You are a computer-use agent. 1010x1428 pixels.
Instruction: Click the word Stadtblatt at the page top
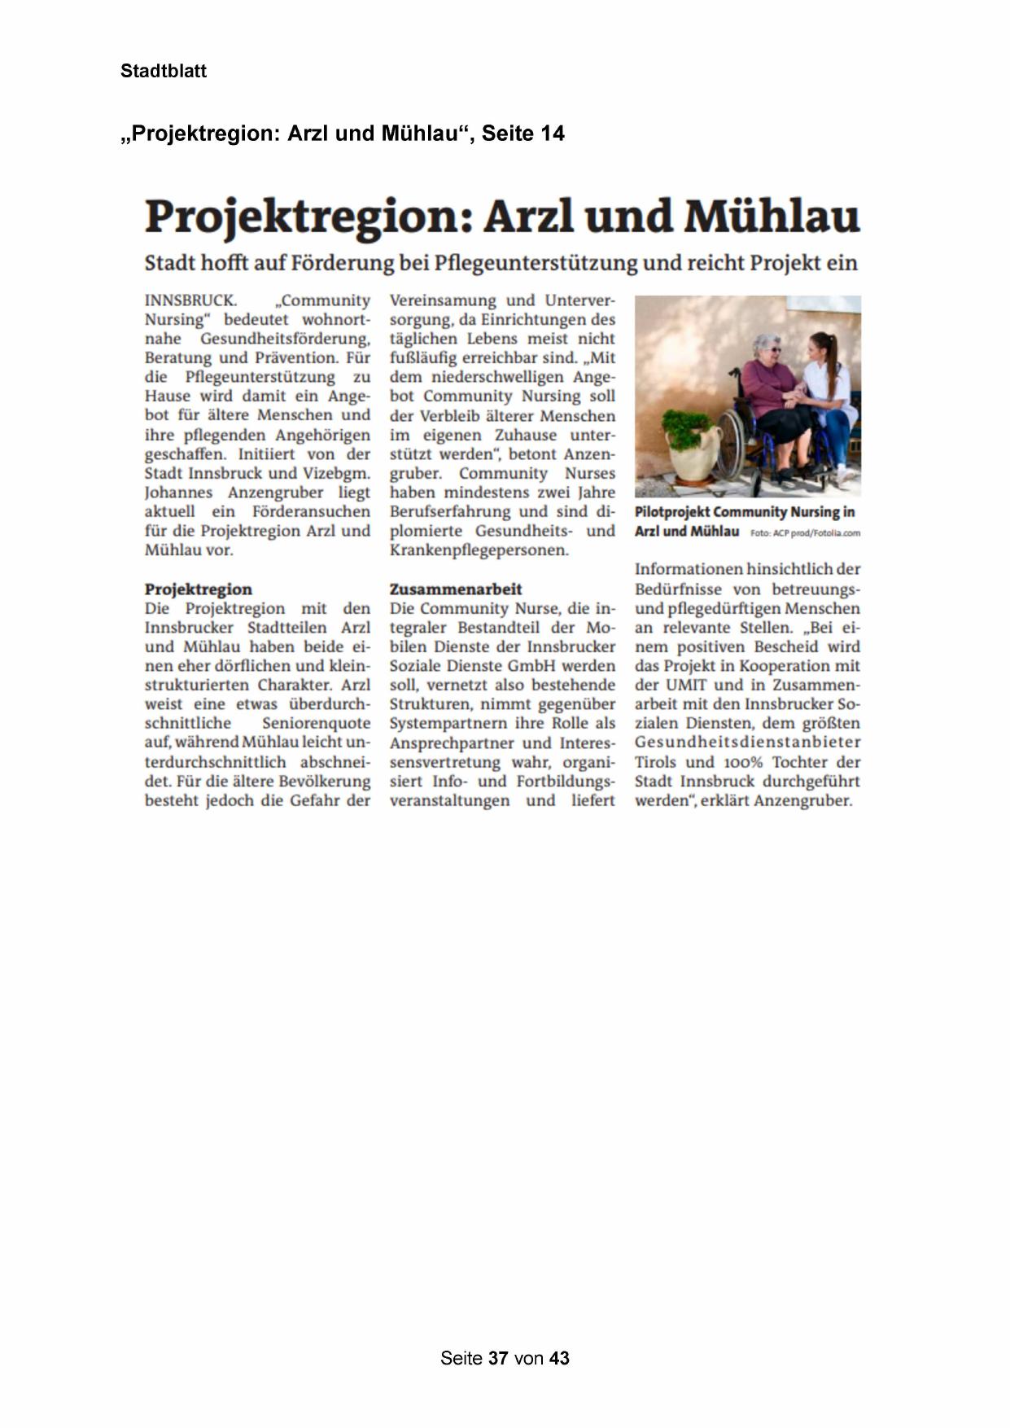point(164,71)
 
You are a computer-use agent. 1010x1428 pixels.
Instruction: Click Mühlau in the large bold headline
point(772,217)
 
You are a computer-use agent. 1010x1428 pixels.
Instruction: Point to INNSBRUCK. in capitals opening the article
point(190,301)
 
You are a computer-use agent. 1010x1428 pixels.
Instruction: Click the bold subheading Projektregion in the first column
point(199,589)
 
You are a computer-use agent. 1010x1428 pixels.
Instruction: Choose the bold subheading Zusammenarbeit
point(456,589)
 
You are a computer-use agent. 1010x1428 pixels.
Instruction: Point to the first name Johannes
point(177,493)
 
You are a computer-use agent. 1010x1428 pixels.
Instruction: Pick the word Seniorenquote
point(316,723)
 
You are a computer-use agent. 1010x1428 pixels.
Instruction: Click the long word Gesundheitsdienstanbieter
point(747,742)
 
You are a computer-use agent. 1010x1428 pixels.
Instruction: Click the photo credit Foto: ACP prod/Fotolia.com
point(805,533)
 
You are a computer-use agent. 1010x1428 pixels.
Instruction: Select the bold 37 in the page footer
point(499,1358)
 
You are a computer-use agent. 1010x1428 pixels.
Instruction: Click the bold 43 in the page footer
point(559,1358)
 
